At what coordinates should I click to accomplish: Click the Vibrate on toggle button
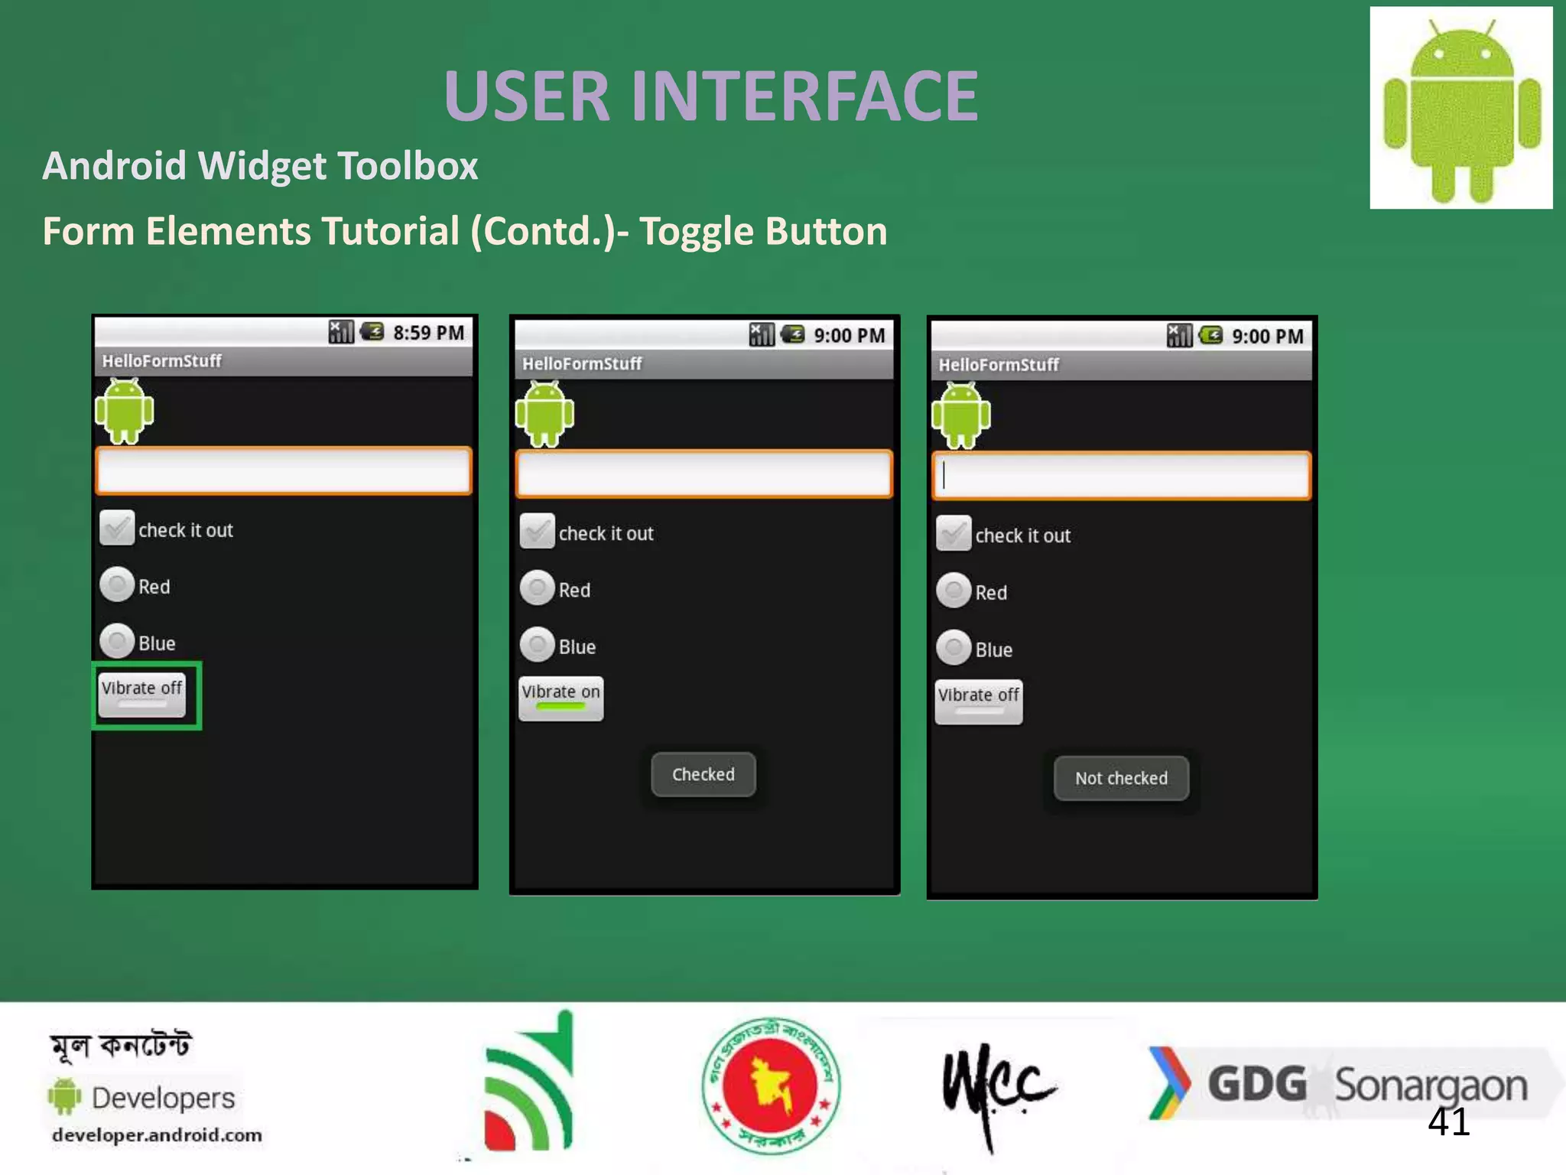click(x=560, y=698)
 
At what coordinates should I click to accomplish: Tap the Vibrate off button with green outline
click(x=142, y=694)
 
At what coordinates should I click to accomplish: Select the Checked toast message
click(x=703, y=774)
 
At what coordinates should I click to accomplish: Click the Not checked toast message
click(x=1121, y=778)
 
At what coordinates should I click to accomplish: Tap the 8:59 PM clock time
click(x=428, y=333)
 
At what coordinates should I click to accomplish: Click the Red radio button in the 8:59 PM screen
click(x=118, y=585)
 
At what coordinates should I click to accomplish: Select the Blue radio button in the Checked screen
click(x=538, y=645)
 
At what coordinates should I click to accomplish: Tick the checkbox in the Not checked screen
click(x=954, y=534)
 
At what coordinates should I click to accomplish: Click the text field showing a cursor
click(x=1121, y=476)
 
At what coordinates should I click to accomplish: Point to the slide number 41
click(x=1448, y=1122)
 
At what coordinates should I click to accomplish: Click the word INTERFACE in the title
click(x=805, y=96)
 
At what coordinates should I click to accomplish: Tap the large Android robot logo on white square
click(x=1460, y=108)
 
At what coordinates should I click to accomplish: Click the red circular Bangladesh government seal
click(x=771, y=1085)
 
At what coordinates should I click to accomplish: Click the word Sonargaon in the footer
click(x=1431, y=1086)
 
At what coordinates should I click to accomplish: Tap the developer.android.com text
click(x=157, y=1135)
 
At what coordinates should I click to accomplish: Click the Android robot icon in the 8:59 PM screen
click(x=124, y=411)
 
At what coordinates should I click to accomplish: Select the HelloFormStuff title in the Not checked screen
click(x=999, y=365)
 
